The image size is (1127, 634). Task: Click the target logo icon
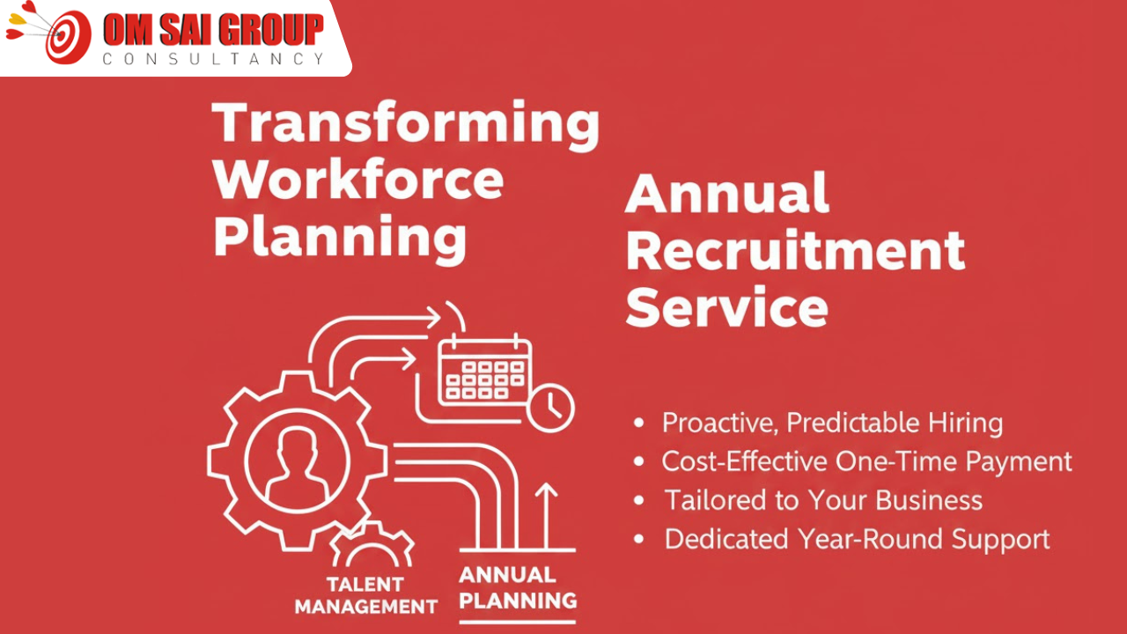pos(63,35)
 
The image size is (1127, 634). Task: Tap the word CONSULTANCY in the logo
pos(213,59)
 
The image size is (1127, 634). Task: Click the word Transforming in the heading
pos(406,122)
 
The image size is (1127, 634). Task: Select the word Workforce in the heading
pos(358,180)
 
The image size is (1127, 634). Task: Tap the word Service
pos(727,307)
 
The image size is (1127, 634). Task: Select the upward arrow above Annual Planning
pos(547,515)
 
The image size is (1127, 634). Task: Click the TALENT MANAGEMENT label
pos(365,595)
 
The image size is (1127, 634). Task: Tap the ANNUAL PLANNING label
pos(518,588)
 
